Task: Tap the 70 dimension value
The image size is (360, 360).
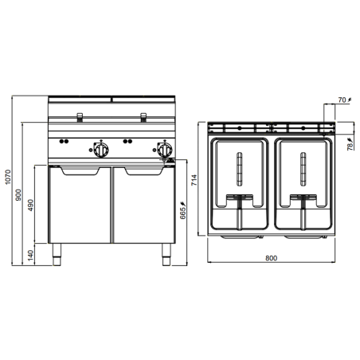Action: pos(342,100)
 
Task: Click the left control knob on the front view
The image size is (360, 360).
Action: pos(100,151)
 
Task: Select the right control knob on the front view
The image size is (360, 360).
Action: pos(164,151)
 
